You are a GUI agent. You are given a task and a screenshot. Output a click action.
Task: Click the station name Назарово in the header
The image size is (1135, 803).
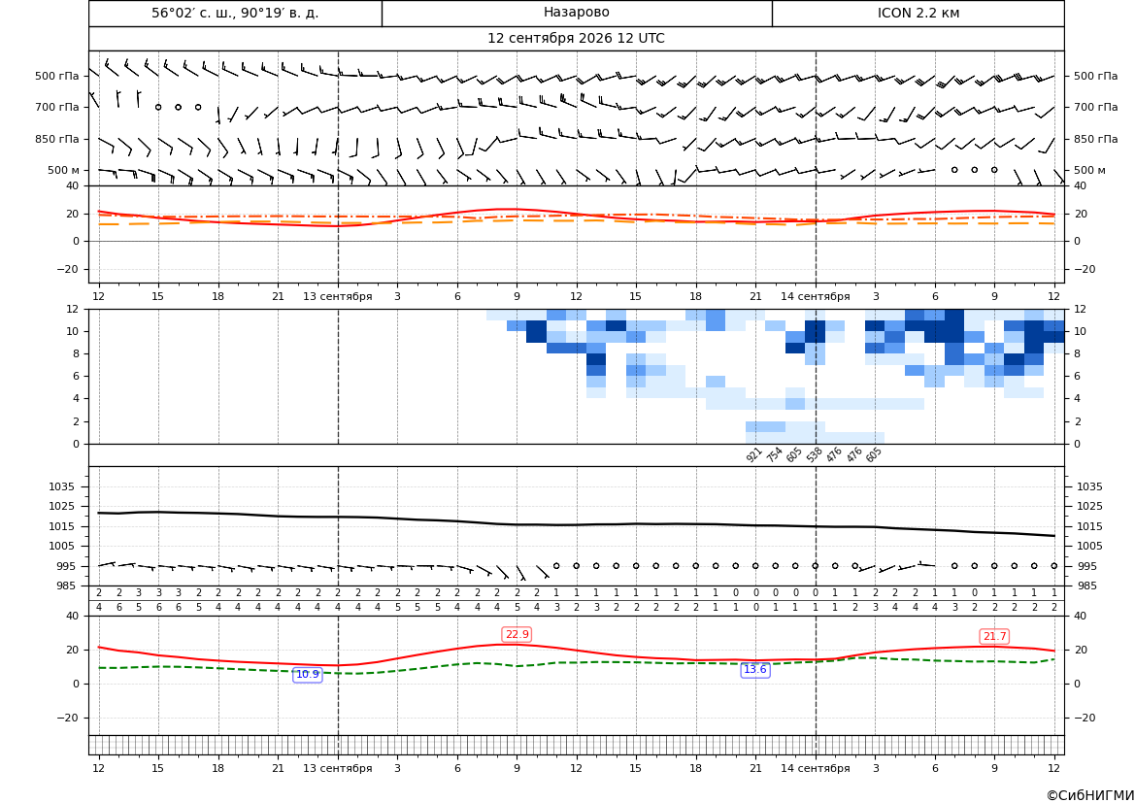pyautogui.click(x=576, y=13)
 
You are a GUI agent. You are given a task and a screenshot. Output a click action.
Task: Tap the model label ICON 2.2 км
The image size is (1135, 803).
pyautogui.click(x=918, y=13)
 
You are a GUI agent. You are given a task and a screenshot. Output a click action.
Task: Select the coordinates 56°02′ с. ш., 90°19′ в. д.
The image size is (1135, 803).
pyautogui.click(x=235, y=13)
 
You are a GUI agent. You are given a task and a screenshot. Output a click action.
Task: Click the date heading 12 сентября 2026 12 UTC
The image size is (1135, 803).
pyautogui.click(x=576, y=39)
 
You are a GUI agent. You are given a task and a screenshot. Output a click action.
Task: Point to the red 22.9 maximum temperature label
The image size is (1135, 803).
pyautogui.click(x=517, y=634)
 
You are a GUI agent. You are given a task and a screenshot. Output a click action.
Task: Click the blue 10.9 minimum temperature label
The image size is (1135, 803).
pyautogui.click(x=307, y=674)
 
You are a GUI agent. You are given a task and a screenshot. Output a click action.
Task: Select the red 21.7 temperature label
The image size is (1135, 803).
pyautogui.click(x=994, y=636)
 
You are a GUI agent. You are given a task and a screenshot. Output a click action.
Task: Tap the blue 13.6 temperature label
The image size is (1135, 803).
pyautogui.click(x=754, y=670)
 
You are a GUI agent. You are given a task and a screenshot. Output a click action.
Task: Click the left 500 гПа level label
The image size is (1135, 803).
pyautogui.click(x=57, y=76)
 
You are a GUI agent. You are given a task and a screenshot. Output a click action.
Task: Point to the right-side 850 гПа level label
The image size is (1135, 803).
pyautogui.click(x=1095, y=139)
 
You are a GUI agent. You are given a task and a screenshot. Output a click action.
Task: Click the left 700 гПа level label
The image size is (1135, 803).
pyautogui.click(x=57, y=107)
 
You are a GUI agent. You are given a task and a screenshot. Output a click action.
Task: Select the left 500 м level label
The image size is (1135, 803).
pyautogui.click(x=64, y=170)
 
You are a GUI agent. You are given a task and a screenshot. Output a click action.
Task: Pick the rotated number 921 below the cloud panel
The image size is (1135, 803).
pyautogui.click(x=753, y=454)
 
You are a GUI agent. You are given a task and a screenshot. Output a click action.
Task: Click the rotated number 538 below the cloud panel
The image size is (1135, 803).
pyautogui.click(x=814, y=454)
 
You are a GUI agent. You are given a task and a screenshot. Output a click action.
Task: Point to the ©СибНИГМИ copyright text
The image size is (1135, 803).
pyautogui.click(x=1090, y=795)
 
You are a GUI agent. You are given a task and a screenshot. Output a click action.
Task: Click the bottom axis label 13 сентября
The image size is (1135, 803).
pyautogui.click(x=337, y=768)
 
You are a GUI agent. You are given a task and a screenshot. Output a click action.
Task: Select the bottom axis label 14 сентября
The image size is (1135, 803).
pyautogui.click(x=815, y=768)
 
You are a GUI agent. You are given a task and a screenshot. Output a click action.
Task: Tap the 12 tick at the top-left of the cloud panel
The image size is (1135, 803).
pyautogui.click(x=73, y=309)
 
